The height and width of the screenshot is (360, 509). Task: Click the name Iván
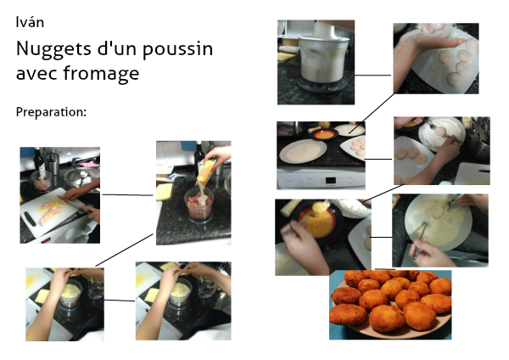[x=30, y=22]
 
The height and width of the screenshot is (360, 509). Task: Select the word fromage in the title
[x=101, y=74]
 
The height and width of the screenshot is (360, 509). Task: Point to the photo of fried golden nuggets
[x=390, y=305]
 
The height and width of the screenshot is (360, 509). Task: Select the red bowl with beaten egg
[x=323, y=133]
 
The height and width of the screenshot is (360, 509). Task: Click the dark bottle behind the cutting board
[x=39, y=160]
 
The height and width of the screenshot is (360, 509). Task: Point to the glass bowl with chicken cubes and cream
[x=199, y=205]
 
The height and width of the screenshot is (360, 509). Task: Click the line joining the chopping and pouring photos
[x=127, y=195]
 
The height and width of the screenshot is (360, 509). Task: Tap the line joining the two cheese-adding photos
[x=120, y=301]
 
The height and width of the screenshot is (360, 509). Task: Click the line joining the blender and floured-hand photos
[x=372, y=76]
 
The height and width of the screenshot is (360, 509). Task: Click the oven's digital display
[x=331, y=180]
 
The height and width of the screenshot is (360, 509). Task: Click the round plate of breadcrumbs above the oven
[x=303, y=151]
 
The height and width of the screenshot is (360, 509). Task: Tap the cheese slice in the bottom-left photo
[x=42, y=296]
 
